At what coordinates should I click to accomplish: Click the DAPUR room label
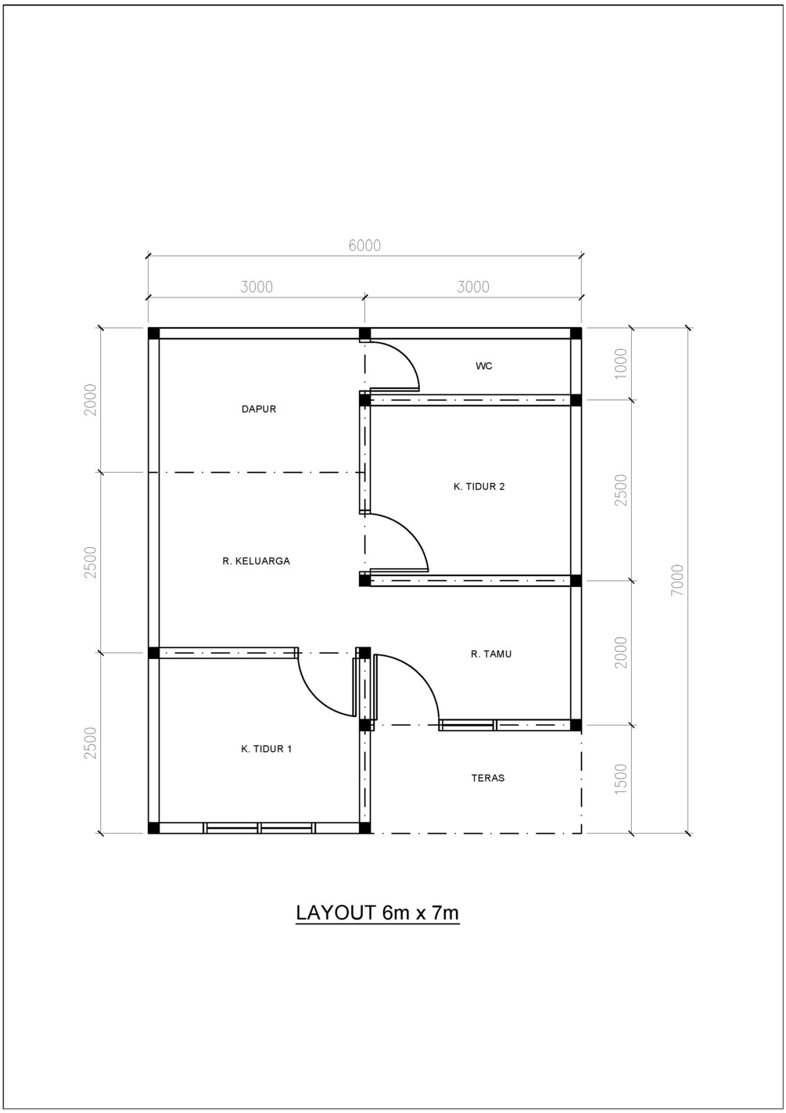pos(258,409)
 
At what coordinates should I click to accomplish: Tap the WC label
pos(484,366)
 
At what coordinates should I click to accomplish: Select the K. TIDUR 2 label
pos(479,487)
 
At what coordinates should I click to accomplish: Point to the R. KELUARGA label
pos(256,561)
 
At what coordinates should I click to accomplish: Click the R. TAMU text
pos(491,654)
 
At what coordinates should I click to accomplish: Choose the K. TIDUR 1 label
pos(266,749)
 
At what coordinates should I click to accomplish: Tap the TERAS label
pos(488,778)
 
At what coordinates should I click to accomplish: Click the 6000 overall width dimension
pos(364,246)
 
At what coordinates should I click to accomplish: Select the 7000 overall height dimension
pos(677,580)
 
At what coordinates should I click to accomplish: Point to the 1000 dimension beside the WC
pos(621,364)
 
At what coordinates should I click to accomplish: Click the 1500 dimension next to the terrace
pos(621,780)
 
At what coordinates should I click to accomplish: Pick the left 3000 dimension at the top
pos(257,287)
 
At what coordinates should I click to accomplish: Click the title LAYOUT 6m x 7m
pos(377,913)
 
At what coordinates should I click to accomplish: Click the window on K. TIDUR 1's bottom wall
pos(259,827)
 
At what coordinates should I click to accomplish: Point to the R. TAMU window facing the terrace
pos(467,725)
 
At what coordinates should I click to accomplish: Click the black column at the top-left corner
pos(154,333)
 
